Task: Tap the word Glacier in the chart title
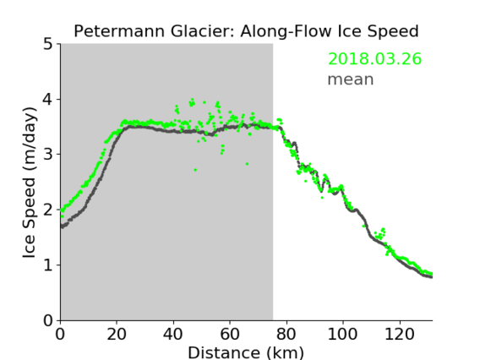click(203, 31)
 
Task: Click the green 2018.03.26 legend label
click(374, 59)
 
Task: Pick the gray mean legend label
click(351, 79)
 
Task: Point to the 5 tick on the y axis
click(48, 45)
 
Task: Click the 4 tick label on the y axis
click(48, 100)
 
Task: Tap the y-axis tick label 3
click(48, 155)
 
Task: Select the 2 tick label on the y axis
click(48, 210)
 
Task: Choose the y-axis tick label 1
click(48, 265)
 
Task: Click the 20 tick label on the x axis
click(117, 334)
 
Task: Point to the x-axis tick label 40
click(173, 334)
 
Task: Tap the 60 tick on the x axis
click(230, 334)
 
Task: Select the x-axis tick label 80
click(286, 334)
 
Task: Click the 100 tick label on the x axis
click(342, 334)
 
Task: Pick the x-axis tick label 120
click(399, 334)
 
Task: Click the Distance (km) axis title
click(246, 352)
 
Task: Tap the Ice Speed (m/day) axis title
click(30, 183)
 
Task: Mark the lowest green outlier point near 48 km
click(195, 170)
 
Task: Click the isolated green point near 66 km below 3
click(247, 164)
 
